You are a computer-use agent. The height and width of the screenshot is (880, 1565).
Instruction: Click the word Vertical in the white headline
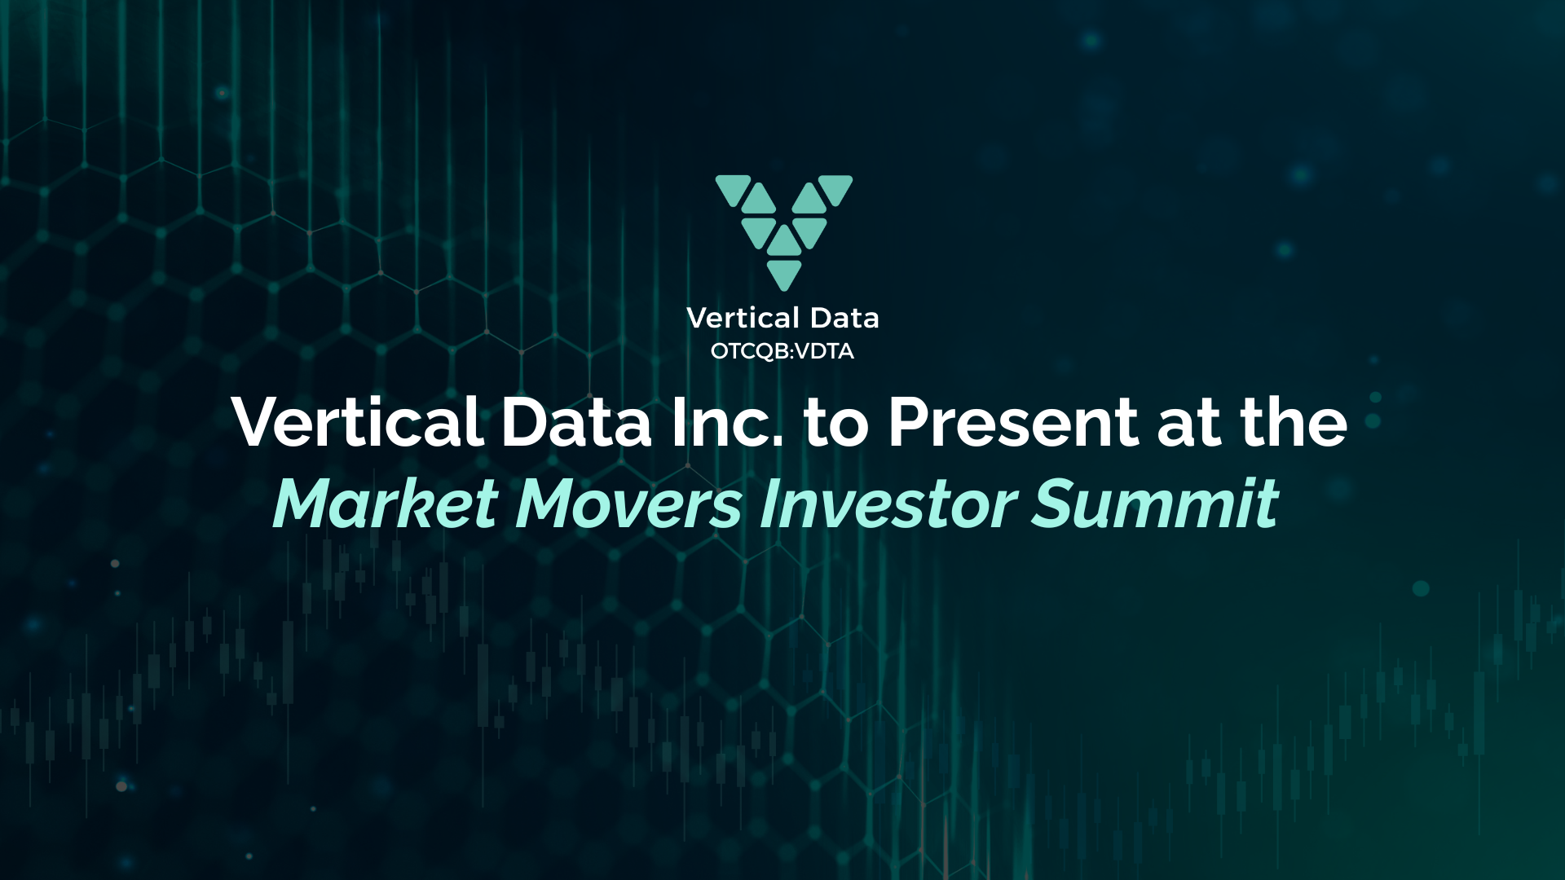(358, 422)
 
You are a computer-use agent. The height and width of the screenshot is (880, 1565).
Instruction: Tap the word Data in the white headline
(575, 422)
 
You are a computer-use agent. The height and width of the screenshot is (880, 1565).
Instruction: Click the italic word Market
(385, 504)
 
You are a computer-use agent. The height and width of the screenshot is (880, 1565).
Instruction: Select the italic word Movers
(628, 504)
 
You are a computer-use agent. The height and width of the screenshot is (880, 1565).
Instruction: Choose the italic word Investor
(888, 504)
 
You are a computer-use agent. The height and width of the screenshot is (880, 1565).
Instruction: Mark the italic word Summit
(1155, 504)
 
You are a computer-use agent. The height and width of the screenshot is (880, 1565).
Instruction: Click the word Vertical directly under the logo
(743, 318)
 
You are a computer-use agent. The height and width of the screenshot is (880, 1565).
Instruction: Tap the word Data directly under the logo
(844, 318)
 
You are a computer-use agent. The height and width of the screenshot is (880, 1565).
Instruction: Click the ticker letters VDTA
(824, 351)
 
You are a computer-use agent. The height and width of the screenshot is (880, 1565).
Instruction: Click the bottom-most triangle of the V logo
(784, 273)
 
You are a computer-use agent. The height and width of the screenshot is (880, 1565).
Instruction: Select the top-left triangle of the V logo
(732, 188)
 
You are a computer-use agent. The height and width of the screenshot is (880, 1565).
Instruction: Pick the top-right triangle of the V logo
(836, 188)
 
